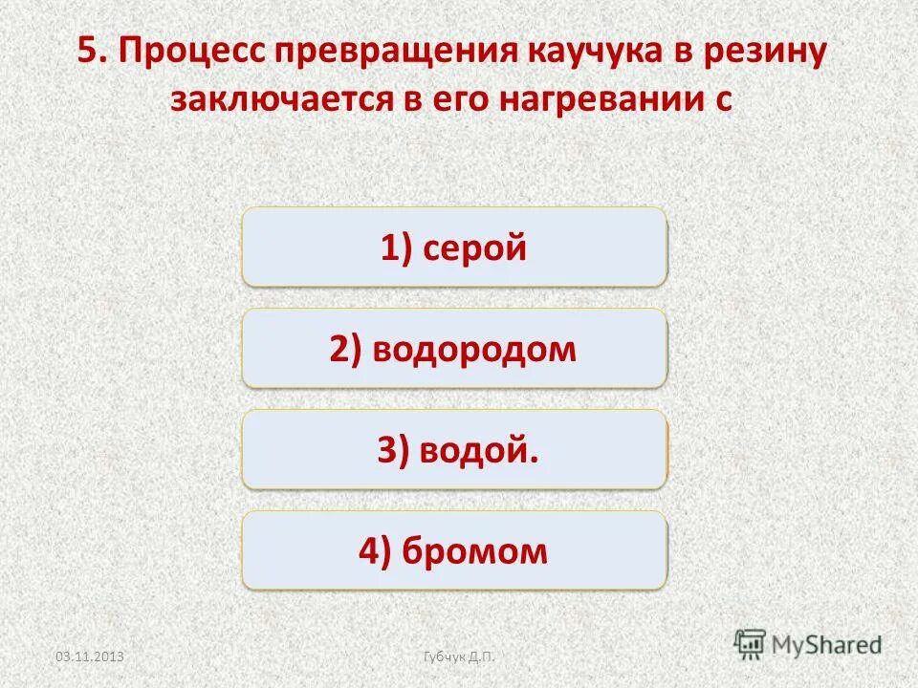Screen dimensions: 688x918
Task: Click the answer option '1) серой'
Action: point(454,247)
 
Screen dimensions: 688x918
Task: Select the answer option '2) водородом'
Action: point(454,349)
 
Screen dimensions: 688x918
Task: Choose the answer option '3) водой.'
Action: point(454,450)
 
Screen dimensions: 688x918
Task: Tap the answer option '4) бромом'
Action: point(454,550)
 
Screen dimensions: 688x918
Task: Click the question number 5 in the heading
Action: point(89,53)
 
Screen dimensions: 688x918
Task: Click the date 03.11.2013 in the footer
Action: point(91,656)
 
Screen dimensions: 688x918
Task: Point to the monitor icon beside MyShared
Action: point(751,643)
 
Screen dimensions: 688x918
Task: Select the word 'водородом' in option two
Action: point(474,349)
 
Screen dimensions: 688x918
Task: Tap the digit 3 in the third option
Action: point(386,450)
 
